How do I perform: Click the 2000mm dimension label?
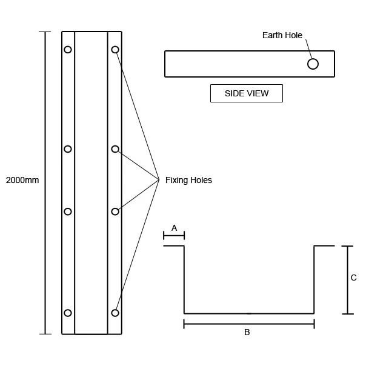(x=22, y=180)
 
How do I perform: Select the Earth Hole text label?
(x=282, y=35)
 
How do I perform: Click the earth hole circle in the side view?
(x=313, y=64)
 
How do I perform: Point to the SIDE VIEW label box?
(x=246, y=93)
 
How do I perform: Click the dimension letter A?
(x=174, y=228)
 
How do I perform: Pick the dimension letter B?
(x=247, y=332)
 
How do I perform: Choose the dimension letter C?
(x=353, y=278)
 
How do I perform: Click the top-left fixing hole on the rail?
(x=68, y=50)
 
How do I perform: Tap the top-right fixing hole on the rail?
(x=115, y=50)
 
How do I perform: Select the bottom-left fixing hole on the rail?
(x=68, y=313)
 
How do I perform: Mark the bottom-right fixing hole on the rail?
(x=115, y=313)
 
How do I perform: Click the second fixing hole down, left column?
(x=68, y=149)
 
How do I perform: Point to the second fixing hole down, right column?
(x=115, y=149)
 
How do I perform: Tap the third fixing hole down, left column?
(x=68, y=211)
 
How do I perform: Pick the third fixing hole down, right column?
(x=115, y=211)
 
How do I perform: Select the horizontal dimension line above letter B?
(x=248, y=324)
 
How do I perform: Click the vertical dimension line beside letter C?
(x=347, y=280)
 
